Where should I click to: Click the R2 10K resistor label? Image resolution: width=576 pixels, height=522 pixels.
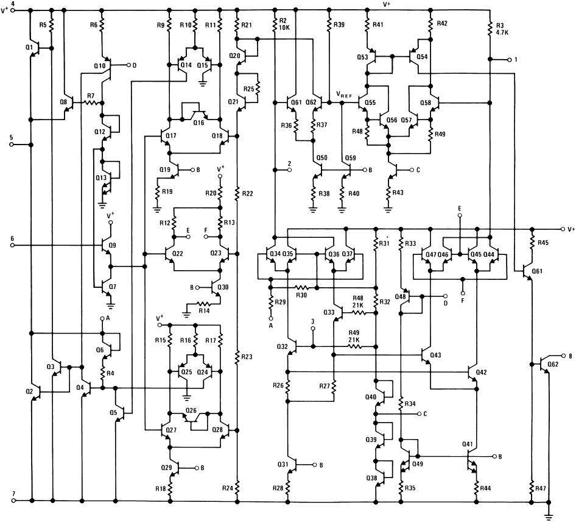(x=284, y=24)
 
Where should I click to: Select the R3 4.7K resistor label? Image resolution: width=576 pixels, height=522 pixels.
(x=502, y=29)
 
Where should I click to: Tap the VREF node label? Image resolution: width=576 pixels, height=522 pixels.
(x=344, y=95)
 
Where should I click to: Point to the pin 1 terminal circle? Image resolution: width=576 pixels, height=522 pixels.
(x=509, y=59)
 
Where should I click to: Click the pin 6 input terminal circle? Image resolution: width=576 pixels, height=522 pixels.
(x=12, y=245)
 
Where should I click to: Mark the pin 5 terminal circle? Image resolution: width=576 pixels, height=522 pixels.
(x=12, y=145)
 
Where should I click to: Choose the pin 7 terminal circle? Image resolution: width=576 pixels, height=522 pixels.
(x=13, y=501)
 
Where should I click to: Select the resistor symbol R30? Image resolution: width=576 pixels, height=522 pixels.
(x=301, y=287)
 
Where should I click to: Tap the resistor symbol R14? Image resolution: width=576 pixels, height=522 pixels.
(x=204, y=304)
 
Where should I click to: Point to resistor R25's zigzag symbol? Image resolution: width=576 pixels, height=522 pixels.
(x=258, y=88)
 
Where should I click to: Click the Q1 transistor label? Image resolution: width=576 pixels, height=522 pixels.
(x=29, y=48)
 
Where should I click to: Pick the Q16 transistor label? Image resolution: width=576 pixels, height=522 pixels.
(x=198, y=123)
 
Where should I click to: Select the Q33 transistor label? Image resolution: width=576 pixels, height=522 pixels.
(x=329, y=312)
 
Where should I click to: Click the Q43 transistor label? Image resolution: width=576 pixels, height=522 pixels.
(x=436, y=355)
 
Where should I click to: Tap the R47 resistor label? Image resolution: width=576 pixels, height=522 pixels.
(x=540, y=488)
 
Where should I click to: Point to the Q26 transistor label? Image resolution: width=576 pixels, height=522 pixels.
(x=191, y=410)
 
